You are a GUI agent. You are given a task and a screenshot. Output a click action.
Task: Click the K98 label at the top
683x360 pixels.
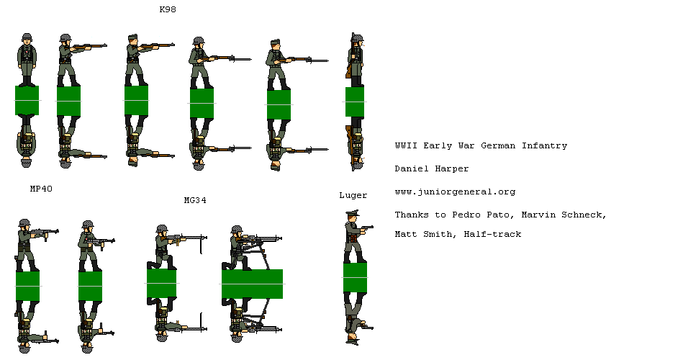(168, 10)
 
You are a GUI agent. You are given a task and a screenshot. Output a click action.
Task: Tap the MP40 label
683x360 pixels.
(40, 189)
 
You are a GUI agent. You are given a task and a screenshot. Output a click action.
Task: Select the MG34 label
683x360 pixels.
(195, 200)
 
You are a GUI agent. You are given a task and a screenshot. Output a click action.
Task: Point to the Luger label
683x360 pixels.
(353, 195)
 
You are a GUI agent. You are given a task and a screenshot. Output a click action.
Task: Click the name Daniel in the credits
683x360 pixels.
(411, 168)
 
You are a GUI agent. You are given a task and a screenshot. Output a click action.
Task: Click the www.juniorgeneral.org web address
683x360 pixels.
(455, 192)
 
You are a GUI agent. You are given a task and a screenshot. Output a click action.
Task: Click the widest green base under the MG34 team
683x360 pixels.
(252, 284)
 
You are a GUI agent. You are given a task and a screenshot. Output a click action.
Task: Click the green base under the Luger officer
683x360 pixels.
(355, 277)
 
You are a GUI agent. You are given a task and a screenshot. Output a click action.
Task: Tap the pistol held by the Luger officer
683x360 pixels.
(368, 227)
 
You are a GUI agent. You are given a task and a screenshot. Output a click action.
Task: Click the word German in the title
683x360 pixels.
(498, 145)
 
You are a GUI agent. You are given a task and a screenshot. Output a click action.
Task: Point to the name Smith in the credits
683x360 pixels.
(440, 234)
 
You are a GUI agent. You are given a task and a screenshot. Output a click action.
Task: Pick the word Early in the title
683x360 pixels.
(438, 145)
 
